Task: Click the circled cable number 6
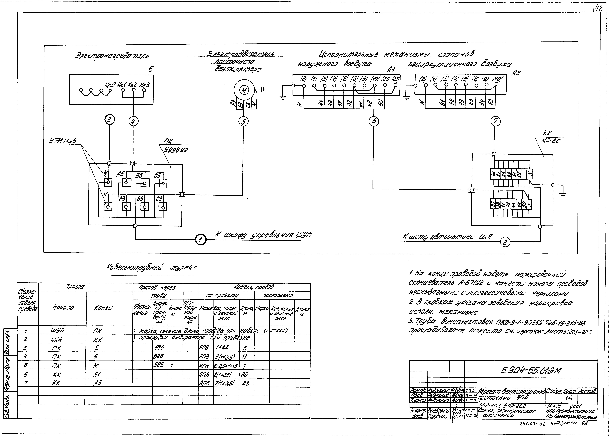coord(373,122)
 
